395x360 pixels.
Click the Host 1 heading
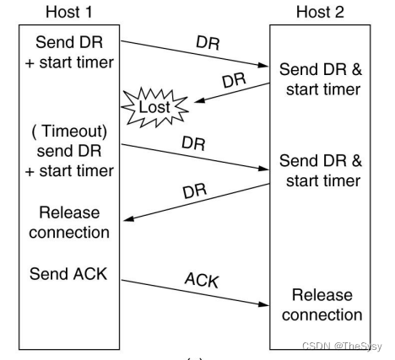[69, 13]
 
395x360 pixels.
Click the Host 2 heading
[320, 13]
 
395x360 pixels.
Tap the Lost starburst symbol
[154, 107]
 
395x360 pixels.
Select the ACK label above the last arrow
[202, 280]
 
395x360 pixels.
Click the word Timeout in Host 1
[74, 131]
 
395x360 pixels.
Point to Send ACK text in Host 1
[68, 274]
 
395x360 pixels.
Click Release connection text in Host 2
[322, 305]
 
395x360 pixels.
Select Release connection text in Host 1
[69, 223]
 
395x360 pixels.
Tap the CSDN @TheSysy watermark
[342, 346]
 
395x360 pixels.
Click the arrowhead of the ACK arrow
[264, 304]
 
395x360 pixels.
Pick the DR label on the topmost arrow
[208, 43]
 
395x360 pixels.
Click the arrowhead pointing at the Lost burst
[199, 100]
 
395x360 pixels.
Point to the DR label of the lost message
[234, 80]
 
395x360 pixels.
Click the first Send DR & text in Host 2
[321, 69]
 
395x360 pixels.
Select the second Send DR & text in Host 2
[321, 161]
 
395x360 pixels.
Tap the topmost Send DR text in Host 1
[69, 42]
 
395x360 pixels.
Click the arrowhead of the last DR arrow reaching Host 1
[128, 218]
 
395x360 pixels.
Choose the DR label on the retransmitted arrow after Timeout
[193, 143]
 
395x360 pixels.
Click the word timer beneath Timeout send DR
[96, 171]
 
